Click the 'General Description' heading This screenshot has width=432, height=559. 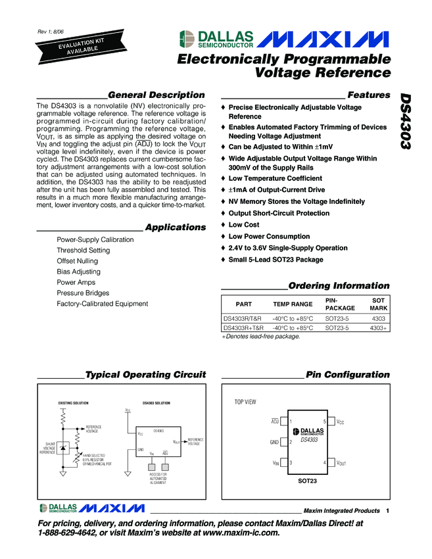click(156, 95)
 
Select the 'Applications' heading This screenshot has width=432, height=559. click(175, 228)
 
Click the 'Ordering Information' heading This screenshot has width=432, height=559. click(339, 286)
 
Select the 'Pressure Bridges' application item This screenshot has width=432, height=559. click(83, 293)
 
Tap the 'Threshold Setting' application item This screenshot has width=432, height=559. click(84, 251)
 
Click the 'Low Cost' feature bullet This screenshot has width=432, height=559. click(244, 225)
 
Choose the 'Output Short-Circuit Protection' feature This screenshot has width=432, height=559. click(279, 213)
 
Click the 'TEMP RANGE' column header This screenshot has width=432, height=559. click(293, 304)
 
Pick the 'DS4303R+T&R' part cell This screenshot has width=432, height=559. click(243, 327)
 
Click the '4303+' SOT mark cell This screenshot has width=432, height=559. click(378, 327)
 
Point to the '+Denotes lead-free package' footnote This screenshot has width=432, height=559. click(260, 336)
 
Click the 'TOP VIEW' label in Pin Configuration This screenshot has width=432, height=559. click(245, 401)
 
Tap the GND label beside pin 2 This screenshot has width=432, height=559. click(275, 442)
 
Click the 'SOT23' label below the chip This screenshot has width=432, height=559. click(308, 482)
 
